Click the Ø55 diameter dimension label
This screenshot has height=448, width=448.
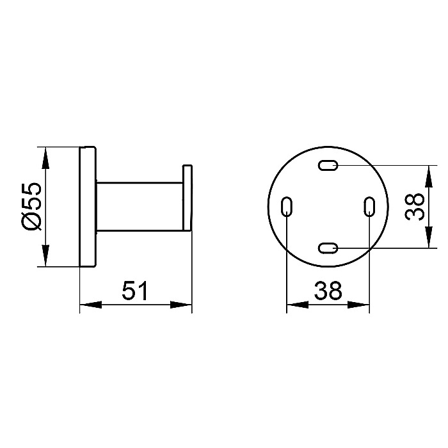point(32,206)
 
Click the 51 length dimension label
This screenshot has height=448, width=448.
point(135,291)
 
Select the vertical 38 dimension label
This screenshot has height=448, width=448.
point(415,206)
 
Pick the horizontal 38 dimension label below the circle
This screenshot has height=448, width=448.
point(328,291)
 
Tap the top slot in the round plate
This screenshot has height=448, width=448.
point(328,165)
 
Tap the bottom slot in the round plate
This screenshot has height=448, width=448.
point(328,248)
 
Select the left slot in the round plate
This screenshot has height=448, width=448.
point(287,207)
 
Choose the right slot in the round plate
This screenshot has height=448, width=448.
point(369,207)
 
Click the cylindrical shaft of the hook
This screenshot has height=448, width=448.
point(140,206)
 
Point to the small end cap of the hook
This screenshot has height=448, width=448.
point(188,198)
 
